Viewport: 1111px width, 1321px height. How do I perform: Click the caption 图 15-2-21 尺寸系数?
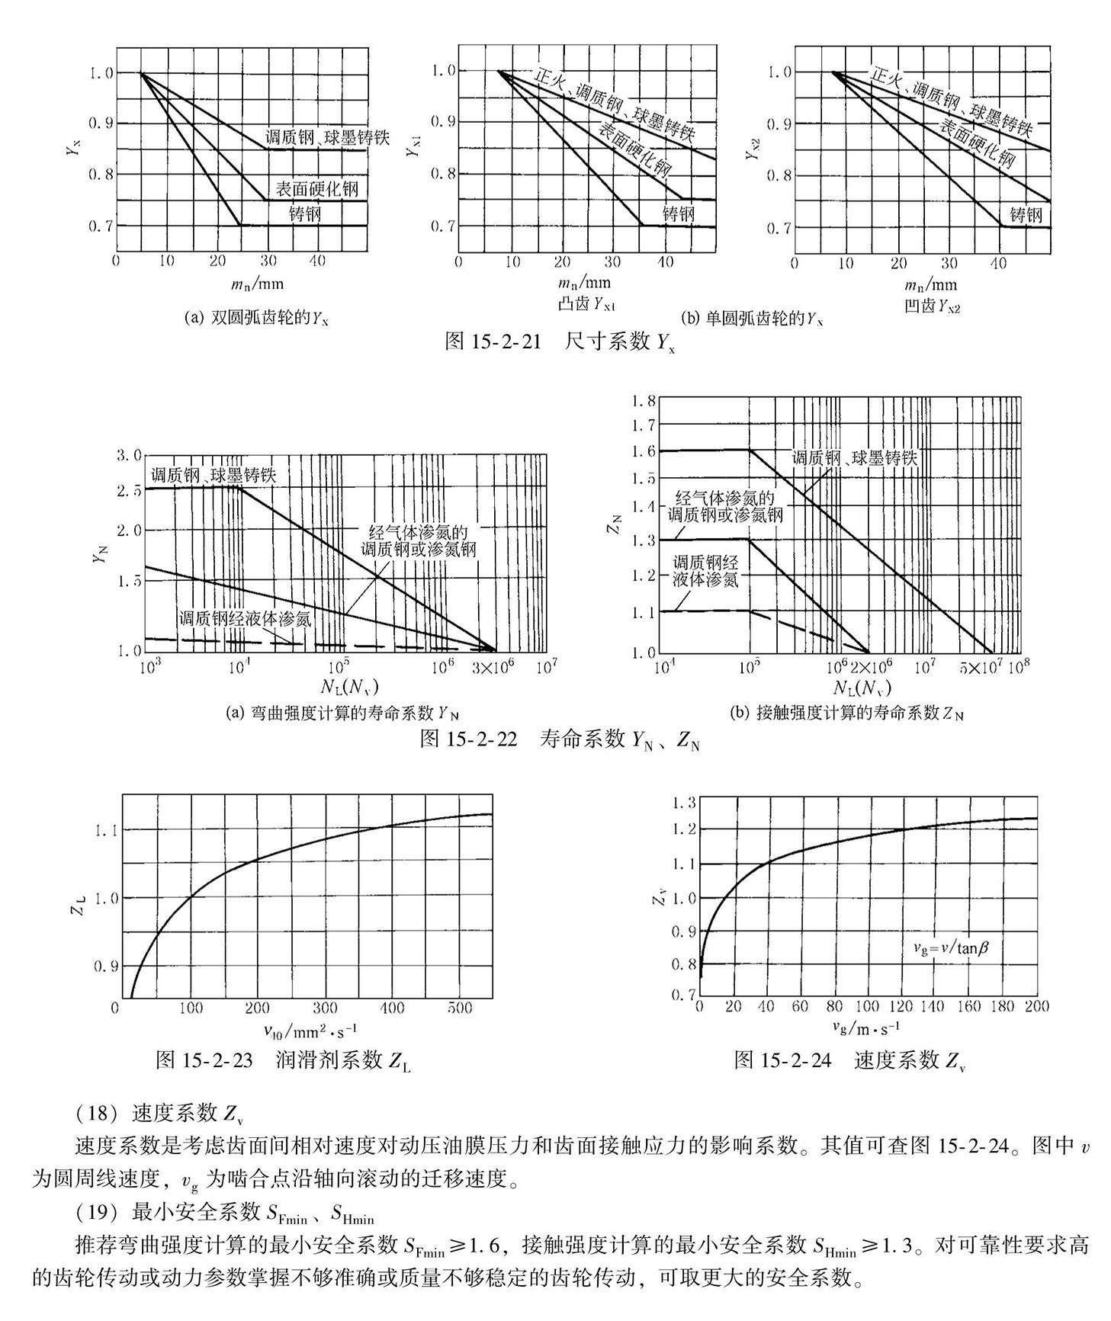pos(560,342)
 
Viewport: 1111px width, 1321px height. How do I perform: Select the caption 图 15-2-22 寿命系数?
pos(560,739)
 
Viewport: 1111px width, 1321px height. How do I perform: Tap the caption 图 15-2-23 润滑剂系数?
pos(283,1060)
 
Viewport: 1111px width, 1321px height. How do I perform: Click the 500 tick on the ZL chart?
pos(460,1008)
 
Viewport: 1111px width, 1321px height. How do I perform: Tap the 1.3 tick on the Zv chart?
pos(682,803)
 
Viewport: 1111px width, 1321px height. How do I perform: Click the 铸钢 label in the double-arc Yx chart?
pos(305,214)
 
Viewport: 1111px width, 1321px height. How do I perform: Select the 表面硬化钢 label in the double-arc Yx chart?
pos(316,189)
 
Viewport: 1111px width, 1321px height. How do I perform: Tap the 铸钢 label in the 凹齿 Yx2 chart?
pos(1026,215)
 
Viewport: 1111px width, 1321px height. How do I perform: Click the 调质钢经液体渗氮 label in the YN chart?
pos(245,618)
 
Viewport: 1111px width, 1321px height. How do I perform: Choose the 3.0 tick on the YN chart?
pos(128,456)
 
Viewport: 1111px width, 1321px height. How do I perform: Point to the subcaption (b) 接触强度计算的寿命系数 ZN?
pos(846,713)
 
